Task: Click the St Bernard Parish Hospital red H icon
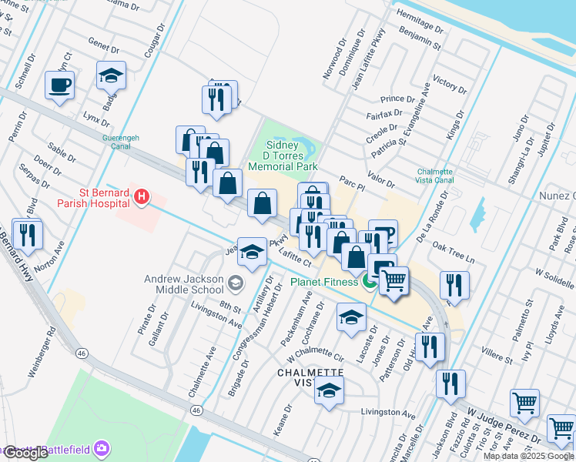(x=141, y=198)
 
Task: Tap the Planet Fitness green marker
(x=369, y=282)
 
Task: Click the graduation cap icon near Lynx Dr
(x=111, y=75)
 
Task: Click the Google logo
(x=25, y=453)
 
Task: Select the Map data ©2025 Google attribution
(x=528, y=456)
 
